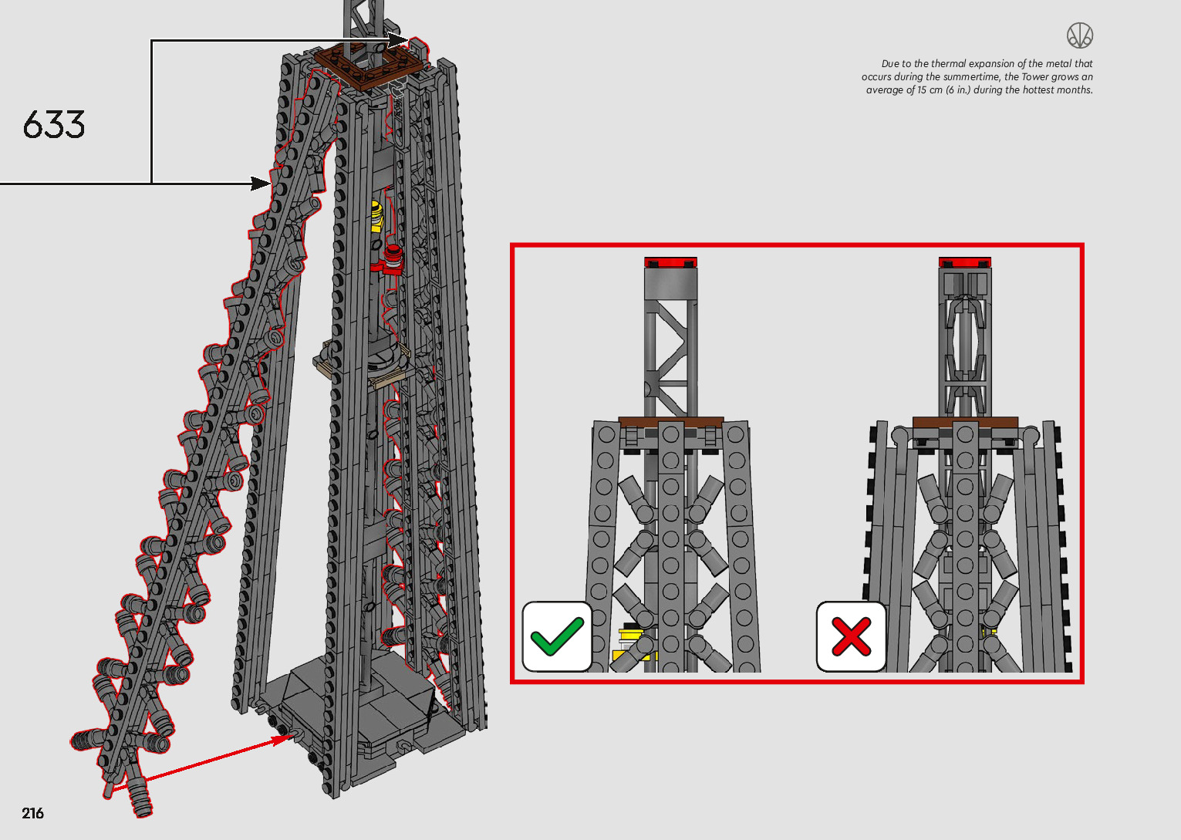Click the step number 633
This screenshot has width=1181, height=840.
coord(54,125)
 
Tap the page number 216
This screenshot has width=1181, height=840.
coord(33,813)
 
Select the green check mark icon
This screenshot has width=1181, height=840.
coord(557,636)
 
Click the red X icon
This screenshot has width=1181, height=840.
coord(851,636)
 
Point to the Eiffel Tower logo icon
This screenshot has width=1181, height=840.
coord(1080,35)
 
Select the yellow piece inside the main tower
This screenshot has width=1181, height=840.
coord(376,215)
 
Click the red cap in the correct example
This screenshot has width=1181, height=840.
coord(670,263)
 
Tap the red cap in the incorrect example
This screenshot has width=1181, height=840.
coord(964,263)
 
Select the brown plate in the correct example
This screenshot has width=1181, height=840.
coord(670,422)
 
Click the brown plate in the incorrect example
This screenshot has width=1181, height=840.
coord(964,422)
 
